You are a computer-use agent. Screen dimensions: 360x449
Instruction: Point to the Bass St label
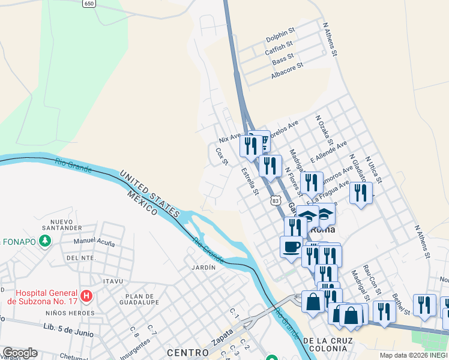pos(283,59)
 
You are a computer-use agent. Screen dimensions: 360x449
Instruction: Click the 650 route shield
pos(89,4)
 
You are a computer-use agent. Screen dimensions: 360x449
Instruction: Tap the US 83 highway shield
pos(276,199)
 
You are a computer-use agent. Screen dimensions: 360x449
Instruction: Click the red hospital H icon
pos(87,295)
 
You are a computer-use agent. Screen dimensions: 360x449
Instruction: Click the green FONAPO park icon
pos(44,241)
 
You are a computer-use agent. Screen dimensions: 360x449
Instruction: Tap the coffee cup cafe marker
pos(292,247)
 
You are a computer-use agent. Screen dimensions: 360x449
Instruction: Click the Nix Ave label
pos(229,139)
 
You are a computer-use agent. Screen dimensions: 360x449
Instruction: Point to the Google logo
pos(20,353)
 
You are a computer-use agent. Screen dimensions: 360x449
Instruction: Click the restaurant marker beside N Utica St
pos(360,193)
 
